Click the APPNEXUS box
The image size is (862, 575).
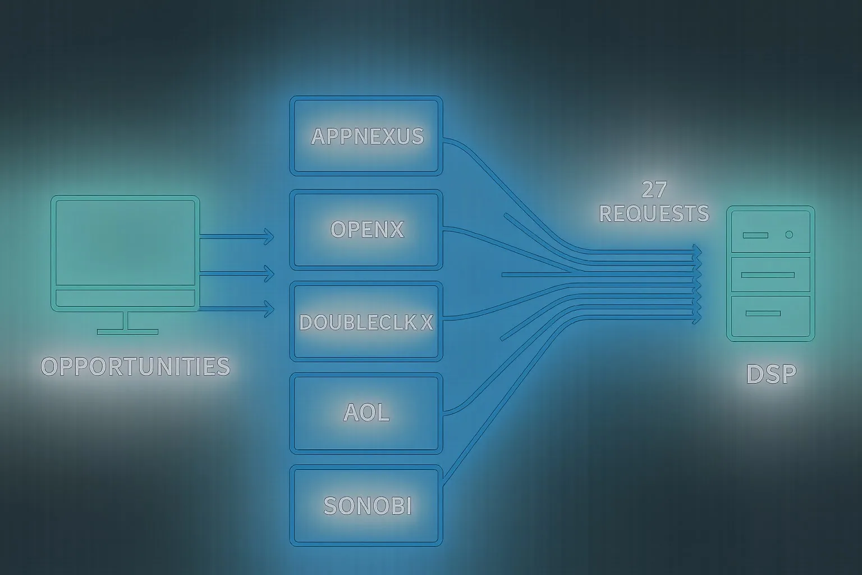[x=366, y=136]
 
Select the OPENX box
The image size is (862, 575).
[x=366, y=229]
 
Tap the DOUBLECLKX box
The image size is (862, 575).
[x=366, y=322]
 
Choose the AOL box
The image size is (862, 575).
[x=366, y=413]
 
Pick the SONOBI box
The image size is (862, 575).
[x=366, y=505]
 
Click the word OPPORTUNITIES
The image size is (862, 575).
[x=135, y=366]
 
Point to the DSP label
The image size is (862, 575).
[x=771, y=374]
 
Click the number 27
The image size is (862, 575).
[x=654, y=190]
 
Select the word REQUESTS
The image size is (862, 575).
[x=654, y=213]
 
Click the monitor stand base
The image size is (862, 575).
[x=127, y=331]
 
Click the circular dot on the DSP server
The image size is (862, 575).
[x=789, y=235]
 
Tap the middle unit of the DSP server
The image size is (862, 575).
[x=771, y=275]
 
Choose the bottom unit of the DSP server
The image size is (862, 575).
[x=771, y=316]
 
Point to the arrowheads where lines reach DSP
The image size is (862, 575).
[x=698, y=284]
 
